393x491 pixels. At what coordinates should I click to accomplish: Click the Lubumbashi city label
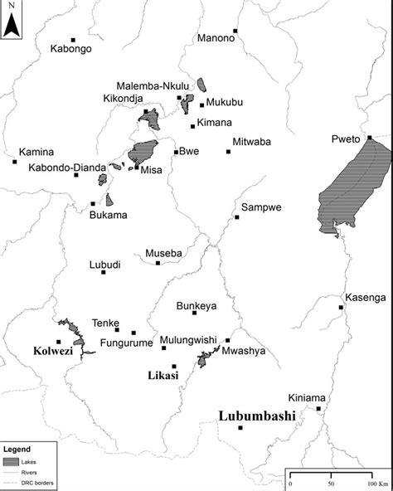[256, 416]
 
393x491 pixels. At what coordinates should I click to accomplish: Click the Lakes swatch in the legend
[12, 461]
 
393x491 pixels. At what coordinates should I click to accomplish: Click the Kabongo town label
[70, 49]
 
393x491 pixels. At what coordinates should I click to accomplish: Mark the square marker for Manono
[235, 32]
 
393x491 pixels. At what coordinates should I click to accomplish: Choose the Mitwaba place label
[252, 142]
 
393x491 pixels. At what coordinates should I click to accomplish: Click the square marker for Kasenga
[341, 308]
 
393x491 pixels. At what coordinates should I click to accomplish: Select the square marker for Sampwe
[237, 217]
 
